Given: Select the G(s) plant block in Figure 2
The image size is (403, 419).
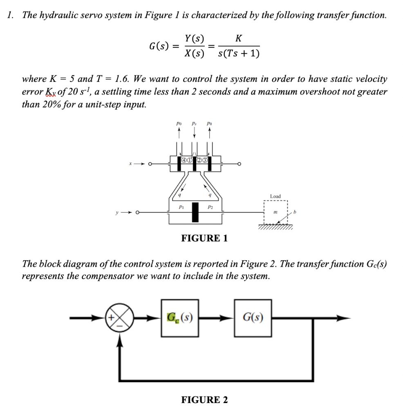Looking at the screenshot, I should [253, 317].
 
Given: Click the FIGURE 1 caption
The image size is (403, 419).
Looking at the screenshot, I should [204, 238].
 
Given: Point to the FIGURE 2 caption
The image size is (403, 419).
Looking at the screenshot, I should [204, 400].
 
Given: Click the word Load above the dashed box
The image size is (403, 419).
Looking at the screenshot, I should [275, 196].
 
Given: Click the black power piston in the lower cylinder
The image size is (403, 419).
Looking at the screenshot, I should [195, 212].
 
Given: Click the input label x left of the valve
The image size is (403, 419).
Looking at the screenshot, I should [130, 164].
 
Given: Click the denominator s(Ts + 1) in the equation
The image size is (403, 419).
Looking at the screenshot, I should [239, 54].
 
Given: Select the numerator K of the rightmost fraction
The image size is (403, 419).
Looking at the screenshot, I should [239, 39].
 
